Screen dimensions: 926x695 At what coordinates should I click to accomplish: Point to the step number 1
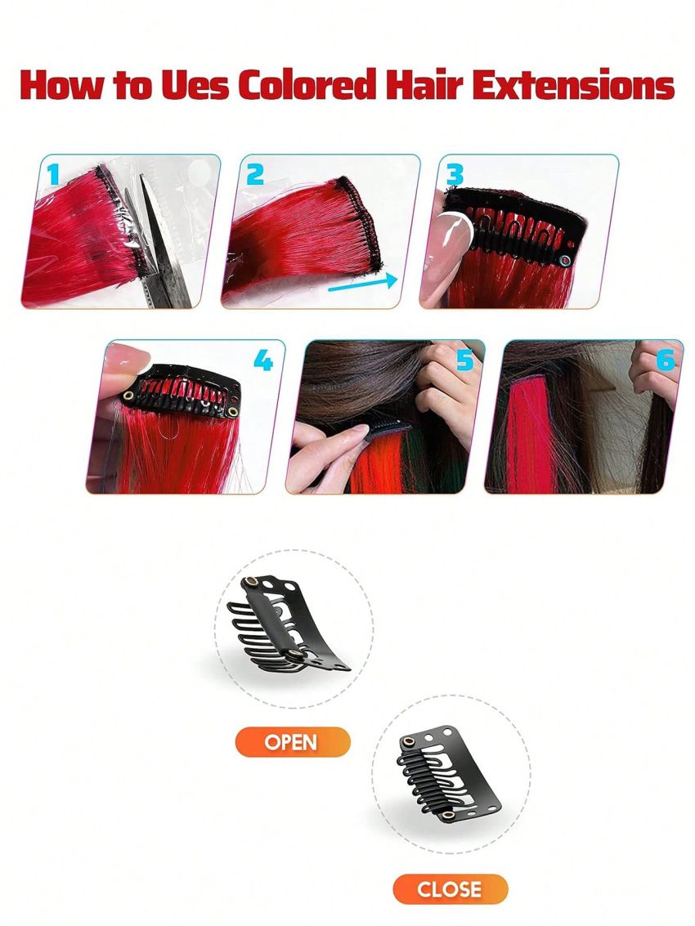pos(54,174)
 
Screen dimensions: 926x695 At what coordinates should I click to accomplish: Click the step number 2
pos(255,174)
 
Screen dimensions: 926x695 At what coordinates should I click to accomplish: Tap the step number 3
pos(455,174)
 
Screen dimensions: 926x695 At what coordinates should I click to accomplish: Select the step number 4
pos(262,360)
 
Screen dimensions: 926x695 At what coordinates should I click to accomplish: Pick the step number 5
pos(464,360)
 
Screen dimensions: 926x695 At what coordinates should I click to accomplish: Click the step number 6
pos(665,360)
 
